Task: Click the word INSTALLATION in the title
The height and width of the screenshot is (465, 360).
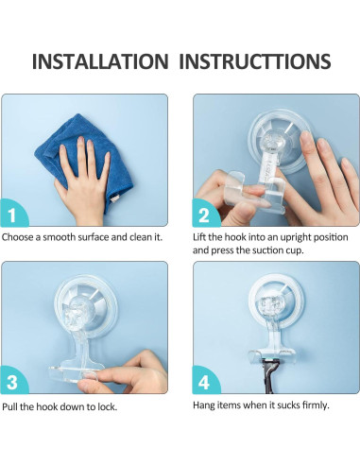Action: tap(100, 61)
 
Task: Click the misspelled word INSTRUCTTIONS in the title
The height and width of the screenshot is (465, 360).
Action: tap(255, 61)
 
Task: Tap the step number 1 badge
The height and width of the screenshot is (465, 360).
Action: tap(14, 214)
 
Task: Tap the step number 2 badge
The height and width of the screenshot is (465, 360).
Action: tap(205, 214)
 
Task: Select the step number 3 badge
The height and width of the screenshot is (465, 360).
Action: tap(14, 381)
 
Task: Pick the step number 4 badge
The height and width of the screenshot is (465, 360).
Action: tap(205, 381)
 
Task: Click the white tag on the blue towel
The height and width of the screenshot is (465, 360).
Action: tap(114, 198)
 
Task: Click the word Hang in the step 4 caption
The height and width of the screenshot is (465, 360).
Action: tap(202, 405)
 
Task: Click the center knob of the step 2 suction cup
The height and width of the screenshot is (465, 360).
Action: tap(271, 140)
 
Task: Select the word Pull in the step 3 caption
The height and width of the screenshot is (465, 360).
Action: tap(10, 406)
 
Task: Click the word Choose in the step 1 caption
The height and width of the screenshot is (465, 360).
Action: tap(18, 237)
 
